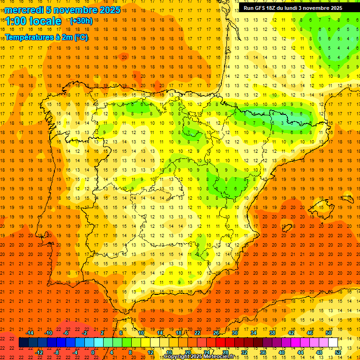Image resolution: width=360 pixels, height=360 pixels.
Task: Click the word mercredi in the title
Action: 24,10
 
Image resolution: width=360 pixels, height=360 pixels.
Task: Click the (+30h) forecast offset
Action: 81,21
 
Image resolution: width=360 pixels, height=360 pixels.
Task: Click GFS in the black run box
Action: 263,8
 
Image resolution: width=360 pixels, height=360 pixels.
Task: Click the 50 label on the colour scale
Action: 329,333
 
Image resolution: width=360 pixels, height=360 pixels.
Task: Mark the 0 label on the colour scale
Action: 93,352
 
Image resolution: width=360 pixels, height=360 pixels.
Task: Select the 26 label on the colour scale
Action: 216,333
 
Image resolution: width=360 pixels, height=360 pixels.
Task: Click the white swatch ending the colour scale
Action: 333,343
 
